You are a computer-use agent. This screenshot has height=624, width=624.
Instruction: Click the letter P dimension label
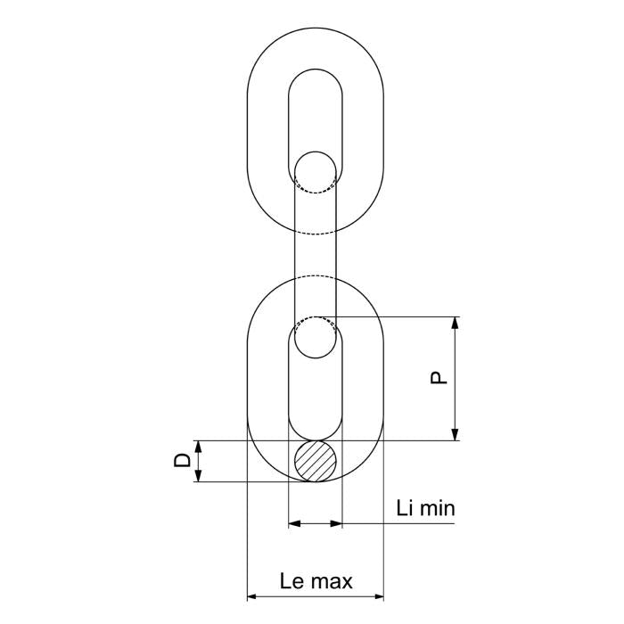(x=438, y=378)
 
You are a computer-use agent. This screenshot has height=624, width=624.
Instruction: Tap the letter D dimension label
(x=181, y=460)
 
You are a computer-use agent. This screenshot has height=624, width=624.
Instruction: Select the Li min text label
(x=425, y=509)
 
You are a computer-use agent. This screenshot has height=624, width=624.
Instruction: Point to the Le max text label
(x=316, y=582)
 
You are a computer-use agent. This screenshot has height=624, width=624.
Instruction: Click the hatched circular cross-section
(x=316, y=461)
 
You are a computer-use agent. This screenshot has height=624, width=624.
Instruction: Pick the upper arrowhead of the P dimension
(x=456, y=323)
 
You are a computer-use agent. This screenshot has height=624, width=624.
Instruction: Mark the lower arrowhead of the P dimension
(x=456, y=434)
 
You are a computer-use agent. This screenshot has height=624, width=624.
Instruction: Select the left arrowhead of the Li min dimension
(x=295, y=523)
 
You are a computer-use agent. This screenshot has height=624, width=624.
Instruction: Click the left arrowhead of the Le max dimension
(x=253, y=595)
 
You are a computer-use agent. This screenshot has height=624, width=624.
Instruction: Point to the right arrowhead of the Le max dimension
(x=378, y=595)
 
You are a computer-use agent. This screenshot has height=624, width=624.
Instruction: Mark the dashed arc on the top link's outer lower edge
(x=316, y=234)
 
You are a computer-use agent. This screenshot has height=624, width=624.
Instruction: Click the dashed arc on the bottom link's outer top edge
(x=316, y=277)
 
